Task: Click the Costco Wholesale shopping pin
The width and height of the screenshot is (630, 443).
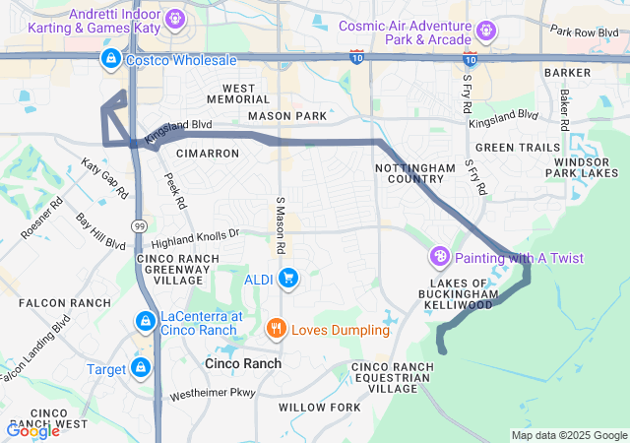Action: tap(110, 60)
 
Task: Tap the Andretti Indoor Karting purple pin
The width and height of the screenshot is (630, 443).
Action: tap(174, 17)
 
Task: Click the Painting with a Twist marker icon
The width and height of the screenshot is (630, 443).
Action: tap(440, 258)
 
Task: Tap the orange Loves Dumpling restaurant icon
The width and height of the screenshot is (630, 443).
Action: tap(277, 329)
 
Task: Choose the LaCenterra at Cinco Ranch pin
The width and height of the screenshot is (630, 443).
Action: tap(145, 321)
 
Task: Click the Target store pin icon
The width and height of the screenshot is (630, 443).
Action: tap(142, 368)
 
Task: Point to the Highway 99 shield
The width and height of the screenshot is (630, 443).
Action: tap(141, 224)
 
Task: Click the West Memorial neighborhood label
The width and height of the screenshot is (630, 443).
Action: tap(231, 95)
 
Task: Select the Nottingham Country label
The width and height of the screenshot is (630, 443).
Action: tap(409, 174)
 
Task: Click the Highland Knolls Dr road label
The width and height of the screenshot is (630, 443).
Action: tap(196, 236)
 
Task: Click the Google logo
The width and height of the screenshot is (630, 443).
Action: tap(32, 430)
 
